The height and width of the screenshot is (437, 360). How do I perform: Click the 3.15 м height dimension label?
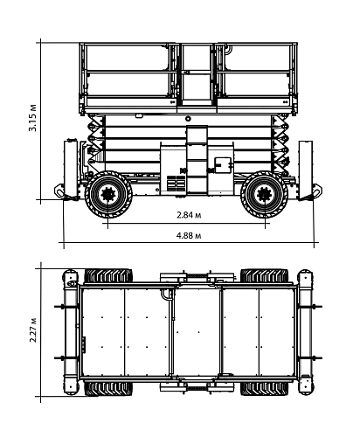(x=32, y=117)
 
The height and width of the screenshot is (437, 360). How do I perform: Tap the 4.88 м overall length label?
(x=190, y=236)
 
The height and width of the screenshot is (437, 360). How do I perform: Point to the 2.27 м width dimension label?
(x=32, y=332)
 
